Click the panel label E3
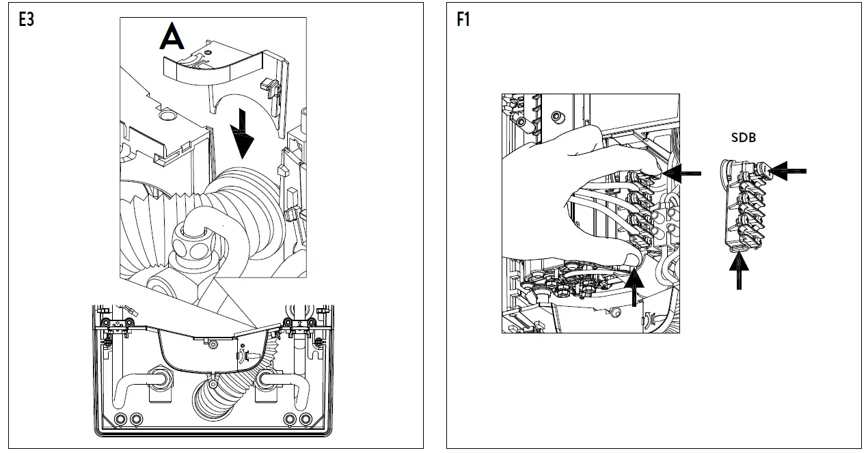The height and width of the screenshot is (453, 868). [x=26, y=19]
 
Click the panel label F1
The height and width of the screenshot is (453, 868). [x=463, y=19]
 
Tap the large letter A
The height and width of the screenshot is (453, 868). [x=171, y=37]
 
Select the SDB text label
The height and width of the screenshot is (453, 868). [x=743, y=137]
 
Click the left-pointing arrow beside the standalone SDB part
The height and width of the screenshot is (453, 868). [x=789, y=171]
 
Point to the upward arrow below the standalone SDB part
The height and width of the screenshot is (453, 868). [x=739, y=271]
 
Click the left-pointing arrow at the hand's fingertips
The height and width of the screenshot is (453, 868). [x=683, y=174]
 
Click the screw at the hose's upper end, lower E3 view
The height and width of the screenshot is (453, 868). [x=244, y=356]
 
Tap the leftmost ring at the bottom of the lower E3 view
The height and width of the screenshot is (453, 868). [x=122, y=418]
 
